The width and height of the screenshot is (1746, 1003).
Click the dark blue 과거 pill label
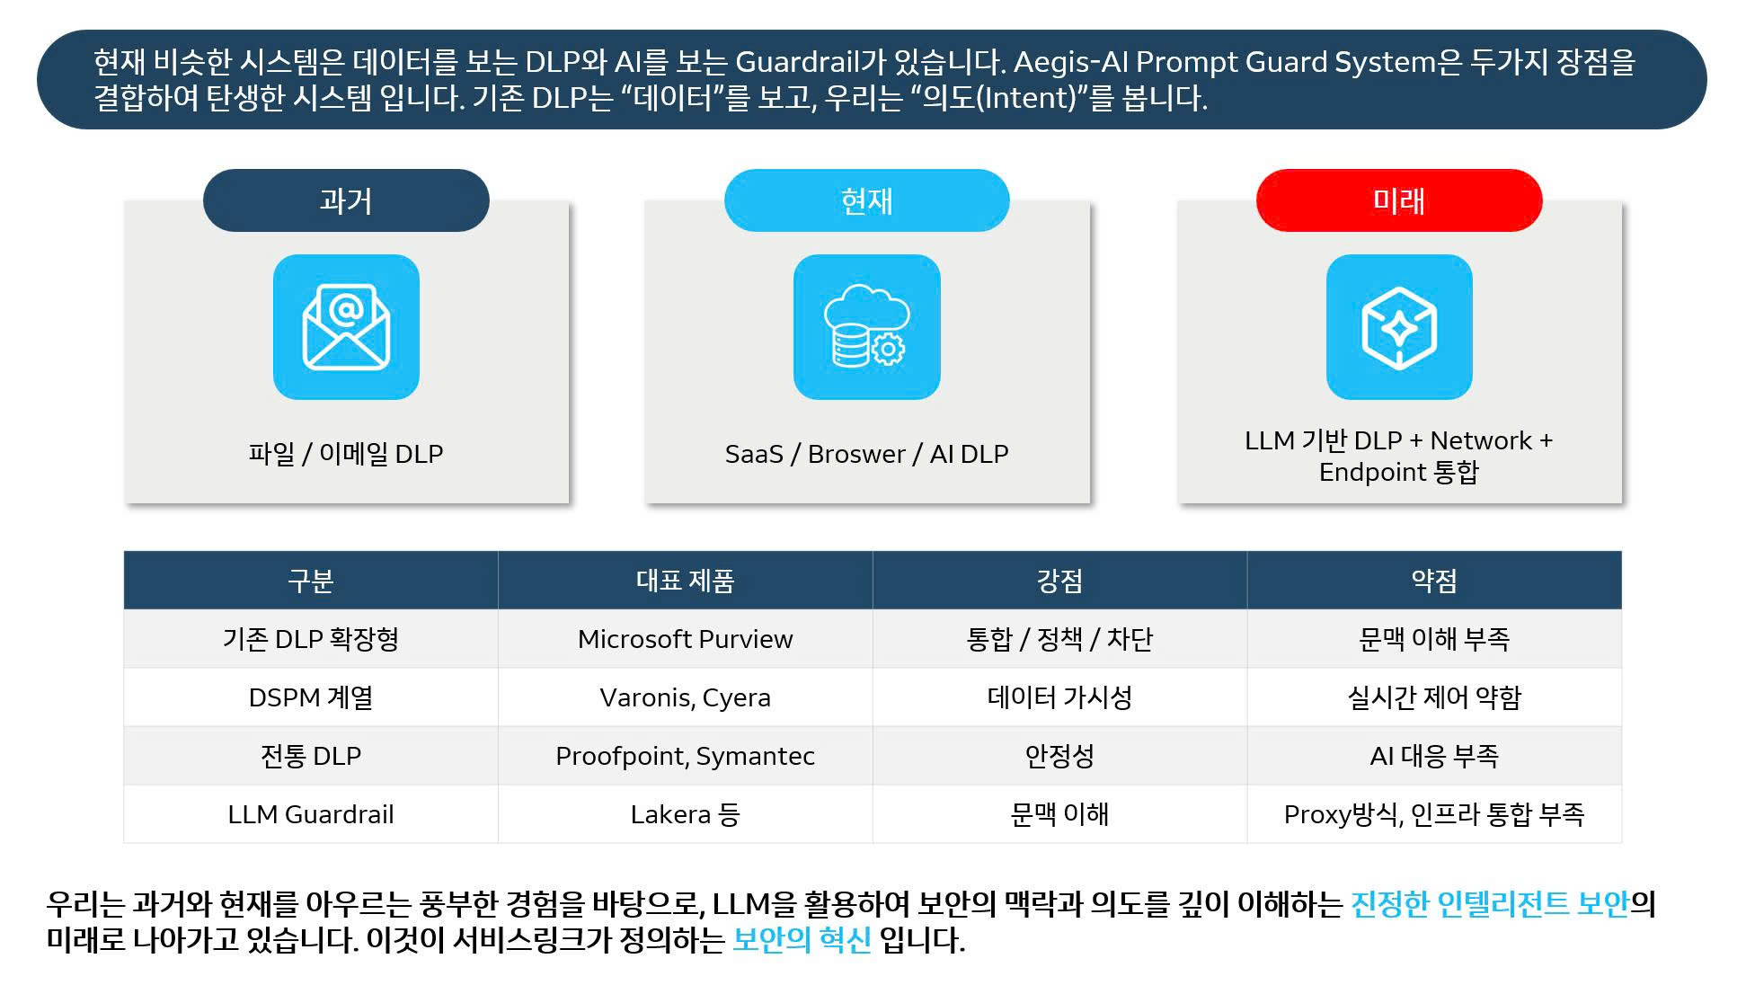tap(346, 200)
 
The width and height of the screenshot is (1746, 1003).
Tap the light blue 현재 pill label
tap(867, 200)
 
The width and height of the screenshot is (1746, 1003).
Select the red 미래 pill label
tap(1399, 200)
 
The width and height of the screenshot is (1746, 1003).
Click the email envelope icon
tap(346, 327)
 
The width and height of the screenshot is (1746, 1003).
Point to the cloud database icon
tap(867, 327)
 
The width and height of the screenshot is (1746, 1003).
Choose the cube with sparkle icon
tap(1399, 327)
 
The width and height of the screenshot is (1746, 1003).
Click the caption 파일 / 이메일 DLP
tap(346, 454)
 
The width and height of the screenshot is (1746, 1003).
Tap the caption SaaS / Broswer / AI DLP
tap(867, 454)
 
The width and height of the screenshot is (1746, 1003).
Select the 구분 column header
tap(311, 581)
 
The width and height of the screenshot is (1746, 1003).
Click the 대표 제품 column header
tap(686, 581)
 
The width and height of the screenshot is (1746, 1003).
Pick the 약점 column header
tap(1435, 581)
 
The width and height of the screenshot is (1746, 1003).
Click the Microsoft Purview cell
tap(686, 639)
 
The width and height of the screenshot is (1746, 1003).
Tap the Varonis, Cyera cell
tap(686, 697)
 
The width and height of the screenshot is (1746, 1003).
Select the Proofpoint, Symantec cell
tap(686, 756)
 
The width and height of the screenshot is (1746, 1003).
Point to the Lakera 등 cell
tap(686, 814)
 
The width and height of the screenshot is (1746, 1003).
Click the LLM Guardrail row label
tap(311, 814)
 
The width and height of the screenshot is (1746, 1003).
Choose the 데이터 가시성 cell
tap(1060, 697)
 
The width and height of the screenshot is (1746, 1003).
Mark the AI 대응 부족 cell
tap(1435, 756)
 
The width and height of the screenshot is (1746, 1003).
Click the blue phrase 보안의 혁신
tap(802, 940)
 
